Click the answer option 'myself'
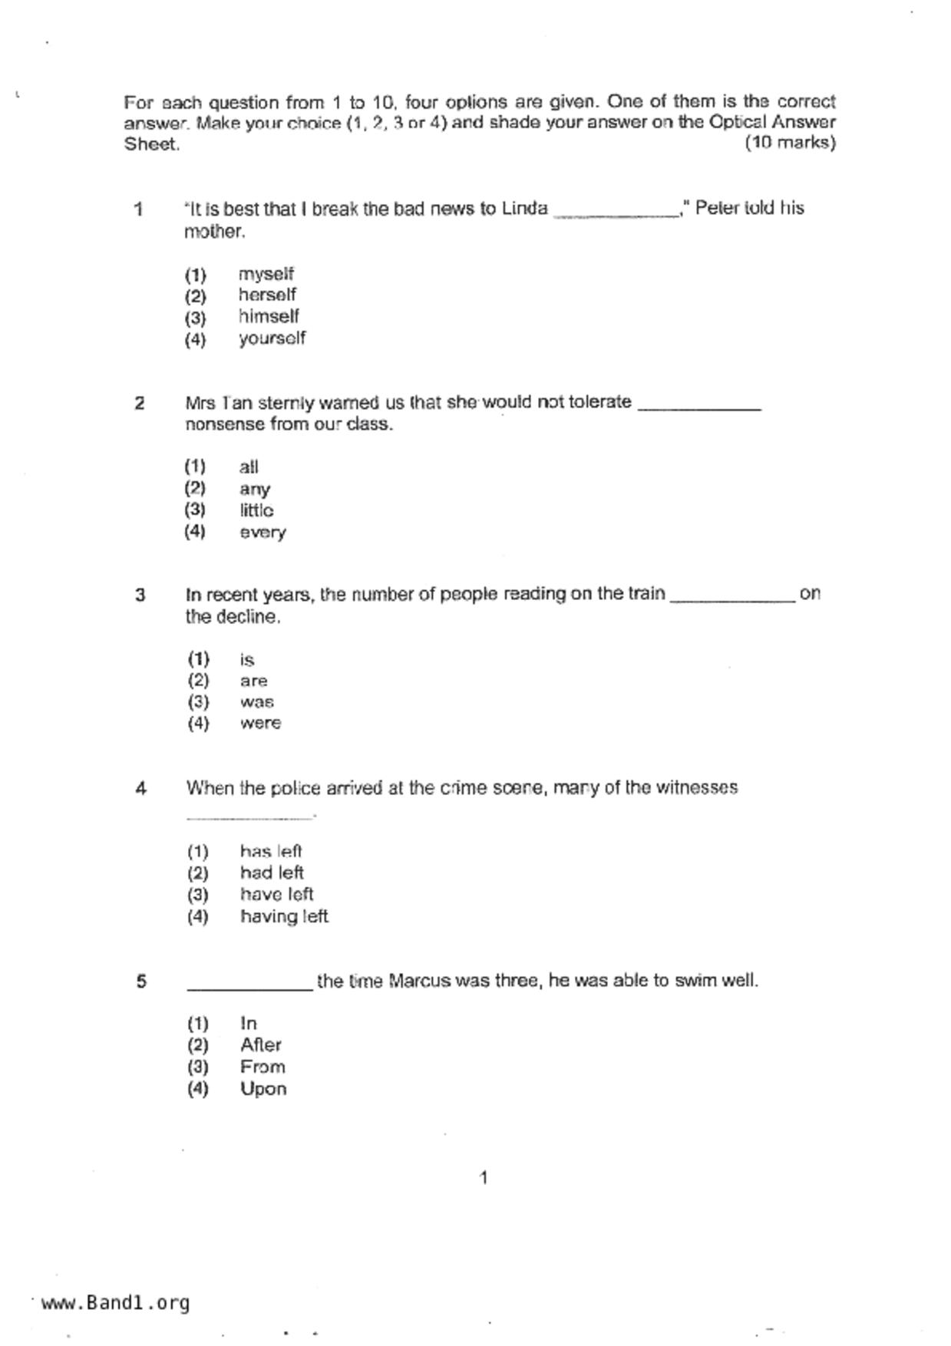(266, 274)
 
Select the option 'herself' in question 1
(266, 295)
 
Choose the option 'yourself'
(272, 338)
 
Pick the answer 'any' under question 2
(254, 489)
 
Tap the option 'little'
(256, 510)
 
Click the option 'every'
(263, 533)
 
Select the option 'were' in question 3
(260, 723)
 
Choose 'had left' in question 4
(272, 873)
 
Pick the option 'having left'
(284, 916)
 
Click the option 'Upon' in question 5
(263, 1089)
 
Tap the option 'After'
(261, 1045)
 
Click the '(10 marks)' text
(790, 143)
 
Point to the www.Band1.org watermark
(115, 1303)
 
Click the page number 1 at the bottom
(483, 1178)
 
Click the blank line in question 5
(250, 988)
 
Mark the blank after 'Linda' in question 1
(616, 216)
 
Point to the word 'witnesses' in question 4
(697, 788)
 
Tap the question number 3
(140, 595)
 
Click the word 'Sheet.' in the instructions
(152, 144)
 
